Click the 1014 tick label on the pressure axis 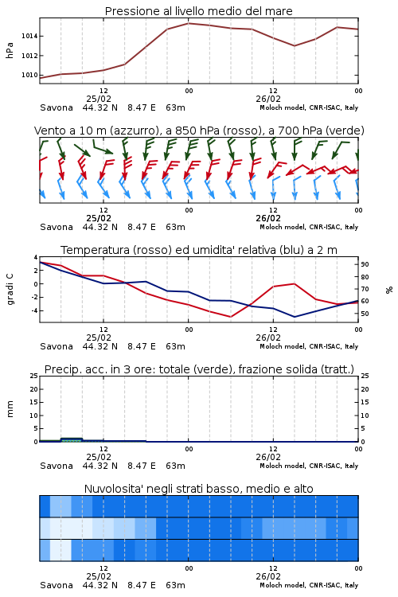click(29, 36)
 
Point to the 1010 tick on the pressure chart click(29, 75)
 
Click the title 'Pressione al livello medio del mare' click(199, 11)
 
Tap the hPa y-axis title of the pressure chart click(10, 50)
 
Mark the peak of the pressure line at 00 click(188, 23)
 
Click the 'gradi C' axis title click(10, 289)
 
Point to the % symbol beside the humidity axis click(389, 290)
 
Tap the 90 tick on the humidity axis click(365, 264)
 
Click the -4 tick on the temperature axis click(34, 310)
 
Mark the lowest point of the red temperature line click(230, 317)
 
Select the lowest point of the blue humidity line click(294, 317)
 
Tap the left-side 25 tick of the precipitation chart click(34, 376)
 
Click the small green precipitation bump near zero click(72, 439)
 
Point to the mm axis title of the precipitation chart click(10, 408)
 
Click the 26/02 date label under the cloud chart click(268, 576)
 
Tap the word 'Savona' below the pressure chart click(57, 107)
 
